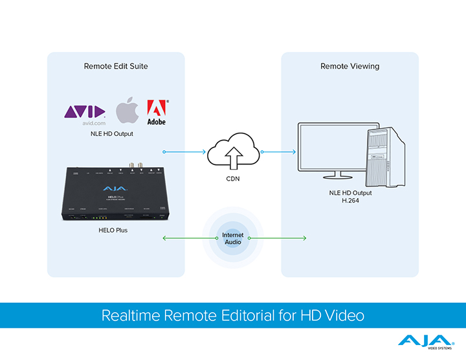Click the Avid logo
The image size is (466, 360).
84,113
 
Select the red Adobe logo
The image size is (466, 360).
157,112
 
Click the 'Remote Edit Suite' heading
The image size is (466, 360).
116,66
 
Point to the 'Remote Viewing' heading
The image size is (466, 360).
349,66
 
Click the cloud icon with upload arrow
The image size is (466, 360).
233,151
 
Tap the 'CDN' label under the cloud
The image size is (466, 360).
233,178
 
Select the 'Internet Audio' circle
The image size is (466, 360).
233,238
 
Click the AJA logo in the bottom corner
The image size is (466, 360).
425,342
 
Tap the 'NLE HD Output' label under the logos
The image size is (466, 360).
111,134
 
